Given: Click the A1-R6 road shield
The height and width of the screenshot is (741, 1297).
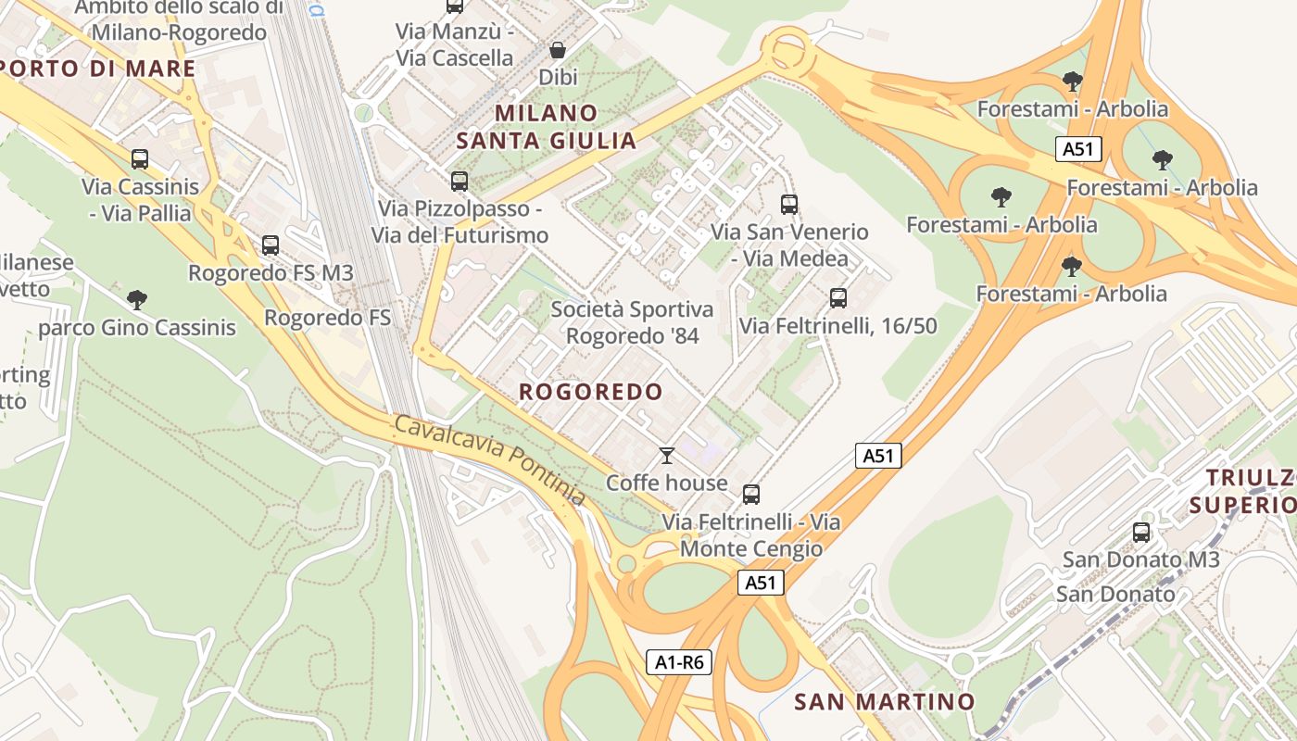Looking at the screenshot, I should pyautogui.click(x=679, y=662).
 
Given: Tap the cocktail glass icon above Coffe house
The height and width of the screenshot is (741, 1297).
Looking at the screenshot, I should pyautogui.click(x=666, y=455).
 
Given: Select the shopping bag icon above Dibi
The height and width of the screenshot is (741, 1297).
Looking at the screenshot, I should pyautogui.click(x=558, y=50).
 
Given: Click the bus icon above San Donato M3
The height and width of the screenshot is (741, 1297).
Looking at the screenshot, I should pyautogui.click(x=1141, y=533).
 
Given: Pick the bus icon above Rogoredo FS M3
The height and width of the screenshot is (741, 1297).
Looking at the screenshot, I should pyautogui.click(x=271, y=245).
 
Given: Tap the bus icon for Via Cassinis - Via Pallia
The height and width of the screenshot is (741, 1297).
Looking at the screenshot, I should pyautogui.click(x=140, y=159).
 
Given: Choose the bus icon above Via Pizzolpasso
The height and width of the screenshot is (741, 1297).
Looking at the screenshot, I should pyautogui.click(x=459, y=182).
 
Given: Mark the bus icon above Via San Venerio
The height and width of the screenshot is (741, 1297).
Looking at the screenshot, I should pyautogui.click(x=789, y=205).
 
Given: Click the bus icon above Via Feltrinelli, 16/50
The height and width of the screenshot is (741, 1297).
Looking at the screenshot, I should pyautogui.click(x=838, y=298).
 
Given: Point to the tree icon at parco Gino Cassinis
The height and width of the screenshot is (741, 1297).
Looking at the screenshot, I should pyautogui.click(x=137, y=300).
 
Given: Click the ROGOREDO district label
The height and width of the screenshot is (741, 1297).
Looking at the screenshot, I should pyautogui.click(x=591, y=392).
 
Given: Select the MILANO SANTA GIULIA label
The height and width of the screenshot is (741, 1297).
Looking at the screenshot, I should pyautogui.click(x=547, y=127).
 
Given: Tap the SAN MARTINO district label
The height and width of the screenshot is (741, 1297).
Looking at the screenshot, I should pyautogui.click(x=885, y=701).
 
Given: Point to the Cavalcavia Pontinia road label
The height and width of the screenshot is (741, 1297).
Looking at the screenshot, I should pyautogui.click(x=490, y=460).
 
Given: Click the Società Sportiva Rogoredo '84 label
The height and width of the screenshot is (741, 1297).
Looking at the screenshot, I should pyautogui.click(x=633, y=322).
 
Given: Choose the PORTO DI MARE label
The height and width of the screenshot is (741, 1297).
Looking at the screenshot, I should pyautogui.click(x=96, y=69).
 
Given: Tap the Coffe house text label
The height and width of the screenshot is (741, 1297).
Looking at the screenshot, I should pyautogui.click(x=667, y=483).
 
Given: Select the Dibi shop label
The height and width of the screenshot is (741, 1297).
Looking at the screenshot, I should pyautogui.click(x=558, y=77).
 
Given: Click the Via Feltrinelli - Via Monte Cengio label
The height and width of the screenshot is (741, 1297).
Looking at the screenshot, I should pyautogui.click(x=751, y=535).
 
